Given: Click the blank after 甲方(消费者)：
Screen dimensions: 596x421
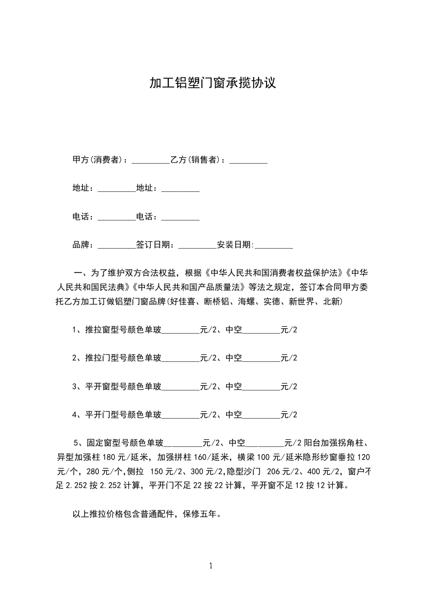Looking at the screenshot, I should pyautogui.click(x=150, y=160).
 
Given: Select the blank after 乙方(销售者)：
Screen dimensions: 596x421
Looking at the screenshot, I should pyautogui.click(x=248, y=160).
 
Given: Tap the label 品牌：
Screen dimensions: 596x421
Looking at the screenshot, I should pyautogui.click(x=83, y=245).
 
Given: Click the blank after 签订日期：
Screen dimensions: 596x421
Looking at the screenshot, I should pyautogui.click(x=197, y=245).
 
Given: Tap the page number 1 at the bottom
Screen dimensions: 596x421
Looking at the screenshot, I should pyautogui.click(x=211, y=566).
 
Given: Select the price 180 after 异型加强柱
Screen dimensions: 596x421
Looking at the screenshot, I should pyautogui.click(x=109, y=457).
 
